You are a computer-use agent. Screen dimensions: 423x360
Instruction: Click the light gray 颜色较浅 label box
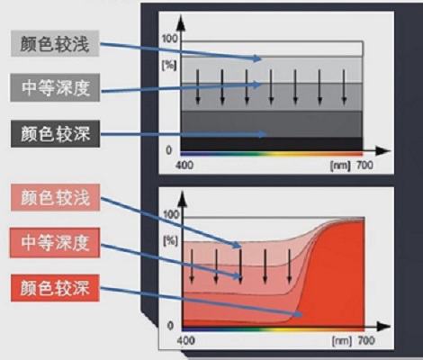(x=55, y=43)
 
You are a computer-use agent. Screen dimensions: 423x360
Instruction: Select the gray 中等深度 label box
(x=55, y=87)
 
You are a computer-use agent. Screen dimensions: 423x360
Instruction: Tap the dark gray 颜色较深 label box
(x=55, y=134)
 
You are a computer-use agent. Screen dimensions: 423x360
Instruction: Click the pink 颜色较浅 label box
(x=55, y=198)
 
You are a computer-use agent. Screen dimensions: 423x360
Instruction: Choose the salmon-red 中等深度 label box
(x=55, y=243)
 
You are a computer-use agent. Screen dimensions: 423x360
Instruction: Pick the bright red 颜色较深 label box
(x=55, y=288)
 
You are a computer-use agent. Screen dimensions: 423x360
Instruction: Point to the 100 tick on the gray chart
(x=170, y=39)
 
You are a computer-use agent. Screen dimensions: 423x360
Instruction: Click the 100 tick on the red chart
(x=171, y=214)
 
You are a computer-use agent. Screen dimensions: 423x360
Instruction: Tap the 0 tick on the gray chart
(x=169, y=150)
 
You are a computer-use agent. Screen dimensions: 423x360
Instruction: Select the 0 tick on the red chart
(x=170, y=326)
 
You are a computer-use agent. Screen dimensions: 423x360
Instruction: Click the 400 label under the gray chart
(x=184, y=165)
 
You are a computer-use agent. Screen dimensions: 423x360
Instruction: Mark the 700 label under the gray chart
(x=364, y=165)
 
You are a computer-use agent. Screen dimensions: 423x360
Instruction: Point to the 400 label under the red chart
(x=185, y=340)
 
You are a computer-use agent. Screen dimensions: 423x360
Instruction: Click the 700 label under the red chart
(x=366, y=340)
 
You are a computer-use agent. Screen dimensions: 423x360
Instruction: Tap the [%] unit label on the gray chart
(x=169, y=66)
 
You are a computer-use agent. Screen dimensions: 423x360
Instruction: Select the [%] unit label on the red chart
(x=170, y=241)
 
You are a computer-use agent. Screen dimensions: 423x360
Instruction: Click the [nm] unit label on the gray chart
(x=340, y=166)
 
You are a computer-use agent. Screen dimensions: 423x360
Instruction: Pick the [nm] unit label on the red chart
(x=342, y=341)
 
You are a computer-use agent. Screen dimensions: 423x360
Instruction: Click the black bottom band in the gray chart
(x=272, y=144)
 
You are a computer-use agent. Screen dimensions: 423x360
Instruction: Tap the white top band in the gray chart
(x=273, y=49)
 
